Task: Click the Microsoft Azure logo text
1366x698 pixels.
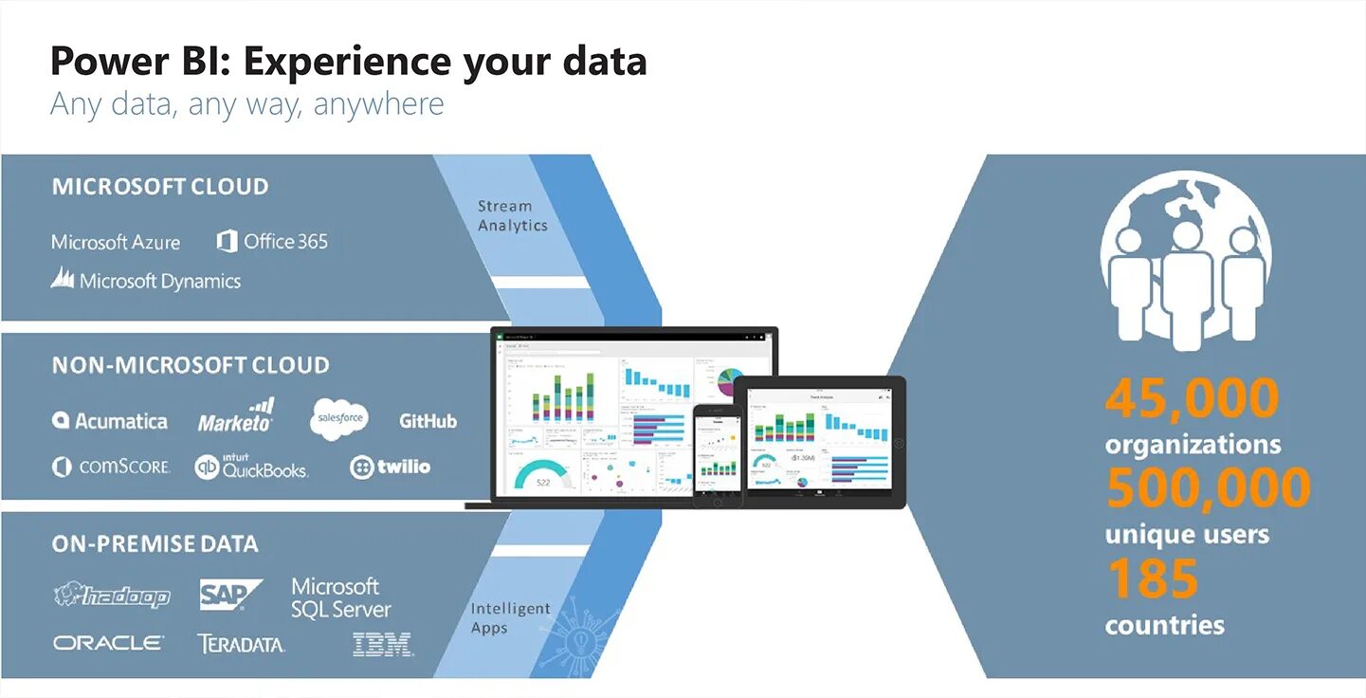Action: pos(116,242)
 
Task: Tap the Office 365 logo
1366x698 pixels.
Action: pos(272,241)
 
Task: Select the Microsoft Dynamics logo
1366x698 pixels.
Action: pos(146,280)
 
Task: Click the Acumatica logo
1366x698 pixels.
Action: pos(110,421)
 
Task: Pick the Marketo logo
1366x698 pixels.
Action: pos(236,417)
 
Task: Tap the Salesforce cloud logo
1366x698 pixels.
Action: pos(338,418)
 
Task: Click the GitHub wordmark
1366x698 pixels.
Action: pos(428,421)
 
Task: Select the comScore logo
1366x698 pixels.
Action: pos(112,467)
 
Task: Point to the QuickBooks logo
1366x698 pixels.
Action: pos(251,467)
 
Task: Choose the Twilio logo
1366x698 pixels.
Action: pos(390,467)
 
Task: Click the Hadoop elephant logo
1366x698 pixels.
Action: pos(112,595)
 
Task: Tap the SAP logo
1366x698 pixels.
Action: pos(229,595)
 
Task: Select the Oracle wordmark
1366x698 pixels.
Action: pos(108,643)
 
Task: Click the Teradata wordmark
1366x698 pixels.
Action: pos(241,644)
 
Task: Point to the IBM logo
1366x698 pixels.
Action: pos(383,645)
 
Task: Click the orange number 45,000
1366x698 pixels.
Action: pos(1192,399)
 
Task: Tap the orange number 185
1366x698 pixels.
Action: pos(1152,579)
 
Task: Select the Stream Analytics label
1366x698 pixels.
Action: pos(512,215)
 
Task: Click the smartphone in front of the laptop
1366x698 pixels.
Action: pos(717,454)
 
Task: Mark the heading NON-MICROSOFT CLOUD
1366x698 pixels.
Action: pos(191,365)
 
